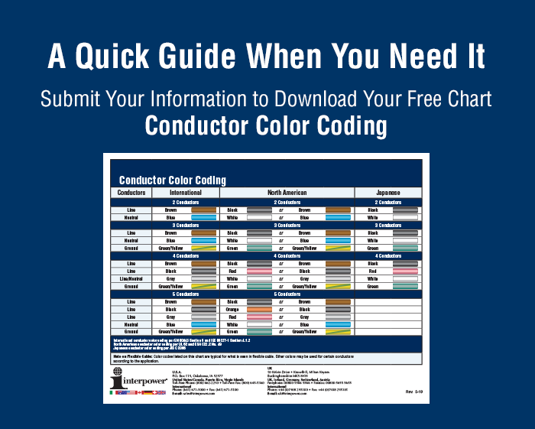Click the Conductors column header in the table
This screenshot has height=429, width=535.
[x=131, y=193]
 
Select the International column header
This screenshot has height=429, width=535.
[x=185, y=193]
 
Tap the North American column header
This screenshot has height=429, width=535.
[x=287, y=193]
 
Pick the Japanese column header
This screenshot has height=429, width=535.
[x=388, y=193]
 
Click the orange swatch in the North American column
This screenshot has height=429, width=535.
[x=261, y=310]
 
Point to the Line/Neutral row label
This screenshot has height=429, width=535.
[x=131, y=279]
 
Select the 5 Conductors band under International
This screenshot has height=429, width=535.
[x=185, y=294]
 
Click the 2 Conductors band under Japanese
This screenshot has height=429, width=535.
[x=388, y=201]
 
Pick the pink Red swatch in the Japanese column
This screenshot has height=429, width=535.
[x=404, y=271]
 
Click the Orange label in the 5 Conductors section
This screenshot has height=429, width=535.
[x=235, y=310]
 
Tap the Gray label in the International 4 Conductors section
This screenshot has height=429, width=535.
[x=171, y=279]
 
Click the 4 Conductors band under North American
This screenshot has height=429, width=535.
[x=287, y=255]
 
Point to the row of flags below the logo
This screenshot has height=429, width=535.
[x=138, y=392]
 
